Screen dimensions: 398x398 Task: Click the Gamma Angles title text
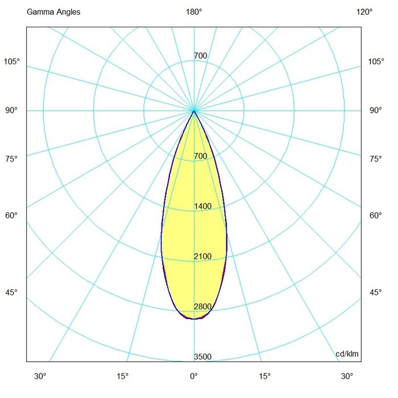(49, 11)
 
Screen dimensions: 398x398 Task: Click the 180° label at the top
(194, 11)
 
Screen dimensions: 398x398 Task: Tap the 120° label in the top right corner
(364, 11)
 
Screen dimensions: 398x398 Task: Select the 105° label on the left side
(12, 61)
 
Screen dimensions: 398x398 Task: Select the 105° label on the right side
(375, 61)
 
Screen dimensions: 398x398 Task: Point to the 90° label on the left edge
(12, 110)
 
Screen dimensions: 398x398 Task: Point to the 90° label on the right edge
(375, 110)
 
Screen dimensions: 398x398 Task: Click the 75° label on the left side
(12, 159)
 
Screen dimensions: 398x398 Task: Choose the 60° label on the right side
(375, 215)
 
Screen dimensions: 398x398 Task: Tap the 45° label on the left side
(12, 292)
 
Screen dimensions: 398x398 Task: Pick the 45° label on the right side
(375, 292)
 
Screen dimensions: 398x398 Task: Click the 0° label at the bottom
(194, 376)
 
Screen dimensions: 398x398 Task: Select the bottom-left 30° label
(40, 376)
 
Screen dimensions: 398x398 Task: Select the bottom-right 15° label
(265, 376)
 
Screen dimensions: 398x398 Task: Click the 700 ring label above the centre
(200, 56)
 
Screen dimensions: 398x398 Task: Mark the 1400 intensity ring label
(202, 206)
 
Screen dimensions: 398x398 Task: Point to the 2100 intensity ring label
(202, 256)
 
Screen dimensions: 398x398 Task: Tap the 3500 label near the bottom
(202, 356)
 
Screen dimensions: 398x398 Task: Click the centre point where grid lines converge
(194, 110)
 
